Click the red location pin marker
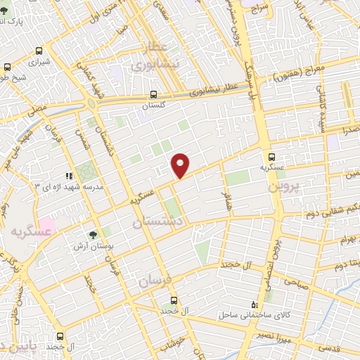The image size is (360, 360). [181, 165]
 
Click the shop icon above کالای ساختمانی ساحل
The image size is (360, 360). [255, 304]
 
